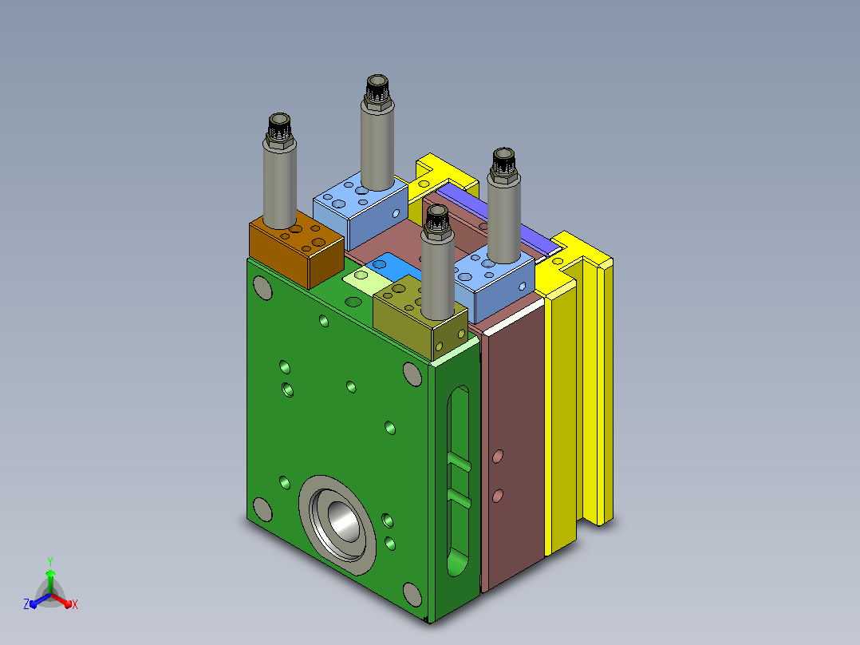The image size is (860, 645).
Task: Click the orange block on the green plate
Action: (x=296, y=250)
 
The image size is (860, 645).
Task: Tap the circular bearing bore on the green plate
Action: (x=337, y=524)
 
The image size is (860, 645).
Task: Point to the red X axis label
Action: (x=75, y=604)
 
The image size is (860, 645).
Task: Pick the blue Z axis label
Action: (x=26, y=604)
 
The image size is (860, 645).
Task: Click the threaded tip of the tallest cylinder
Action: (x=377, y=88)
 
